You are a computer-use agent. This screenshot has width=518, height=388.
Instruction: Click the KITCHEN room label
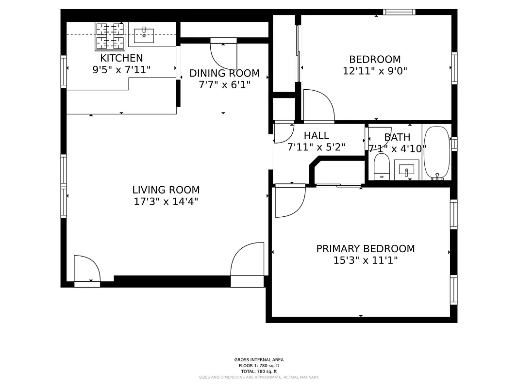[x=121, y=58]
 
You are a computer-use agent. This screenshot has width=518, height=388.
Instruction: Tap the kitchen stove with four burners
[x=110, y=36]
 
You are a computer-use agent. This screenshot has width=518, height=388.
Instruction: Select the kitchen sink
[x=144, y=34]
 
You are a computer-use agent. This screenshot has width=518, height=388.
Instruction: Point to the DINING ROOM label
[x=224, y=74]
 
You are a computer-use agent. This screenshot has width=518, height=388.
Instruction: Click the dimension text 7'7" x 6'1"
[x=224, y=85]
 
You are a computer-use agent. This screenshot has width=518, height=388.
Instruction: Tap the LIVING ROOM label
[x=166, y=190]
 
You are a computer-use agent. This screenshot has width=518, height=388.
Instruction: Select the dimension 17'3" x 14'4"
[x=166, y=202]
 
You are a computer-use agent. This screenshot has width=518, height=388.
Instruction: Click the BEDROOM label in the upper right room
[x=375, y=60]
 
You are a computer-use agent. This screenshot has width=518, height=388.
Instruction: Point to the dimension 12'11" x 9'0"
[x=375, y=71]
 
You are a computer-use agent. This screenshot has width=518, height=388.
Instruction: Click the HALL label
[x=317, y=136]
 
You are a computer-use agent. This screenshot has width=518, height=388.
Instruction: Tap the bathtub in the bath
[x=436, y=153]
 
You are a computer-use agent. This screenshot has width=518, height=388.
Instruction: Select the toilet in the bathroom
[x=382, y=167]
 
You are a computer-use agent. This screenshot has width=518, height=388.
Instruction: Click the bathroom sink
[x=404, y=170]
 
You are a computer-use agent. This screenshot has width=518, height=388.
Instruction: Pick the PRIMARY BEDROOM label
[x=366, y=249]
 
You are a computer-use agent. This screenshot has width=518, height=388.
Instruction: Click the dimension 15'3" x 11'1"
[x=366, y=260]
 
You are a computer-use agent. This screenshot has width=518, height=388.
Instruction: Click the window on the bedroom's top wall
[x=399, y=12]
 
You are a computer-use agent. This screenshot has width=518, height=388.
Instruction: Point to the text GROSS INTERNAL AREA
[x=259, y=360]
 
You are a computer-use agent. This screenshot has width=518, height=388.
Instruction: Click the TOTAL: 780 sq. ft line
[x=259, y=372]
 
